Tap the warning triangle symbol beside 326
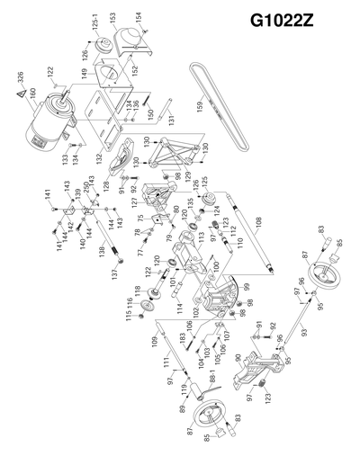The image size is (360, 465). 20,90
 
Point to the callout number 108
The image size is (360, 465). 257,219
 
